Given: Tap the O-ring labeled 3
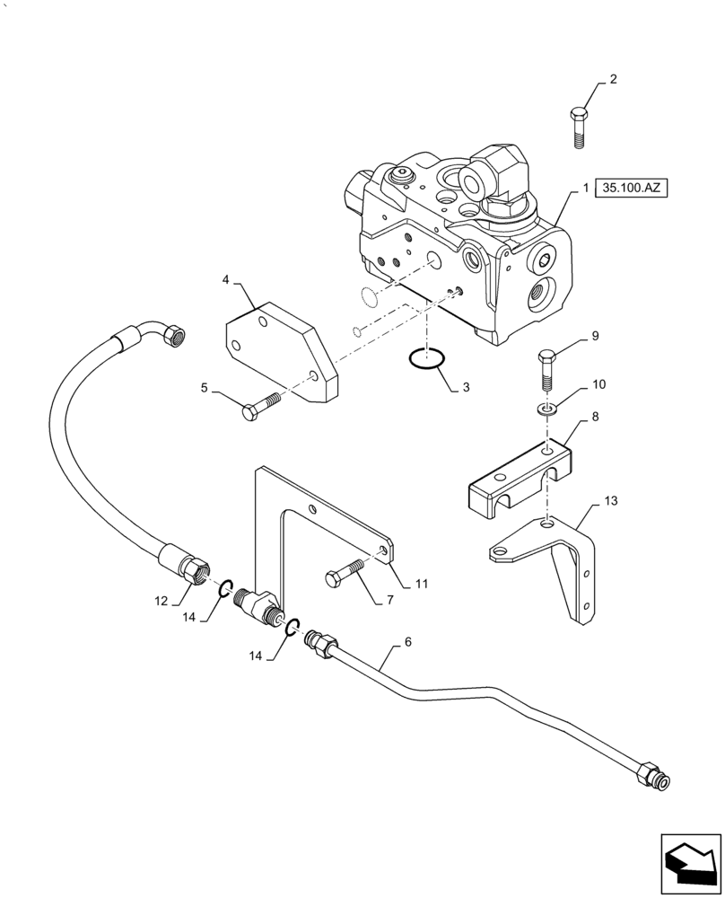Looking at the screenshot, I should coord(427,360).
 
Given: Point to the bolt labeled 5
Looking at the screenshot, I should coord(261,404).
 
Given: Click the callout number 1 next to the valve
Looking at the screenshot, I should coord(584,189).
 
